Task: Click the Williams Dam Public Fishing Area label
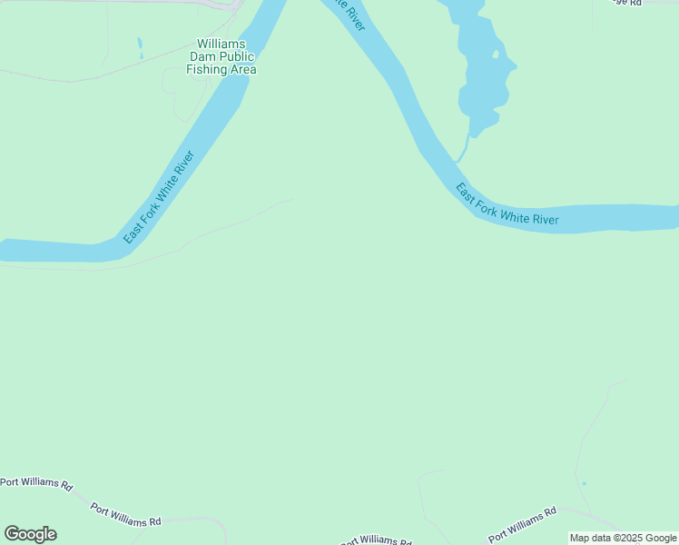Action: (x=221, y=56)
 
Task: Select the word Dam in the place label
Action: (x=203, y=56)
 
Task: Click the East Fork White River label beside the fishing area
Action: (x=160, y=197)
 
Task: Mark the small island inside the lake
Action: (x=495, y=54)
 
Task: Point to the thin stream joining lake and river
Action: (x=463, y=147)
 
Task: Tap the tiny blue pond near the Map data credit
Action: (x=584, y=483)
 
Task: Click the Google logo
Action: (x=30, y=533)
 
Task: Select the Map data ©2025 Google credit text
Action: (x=623, y=538)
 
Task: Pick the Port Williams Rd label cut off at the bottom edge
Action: (x=374, y=540)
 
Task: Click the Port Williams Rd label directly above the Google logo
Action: (x=36, y=483)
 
